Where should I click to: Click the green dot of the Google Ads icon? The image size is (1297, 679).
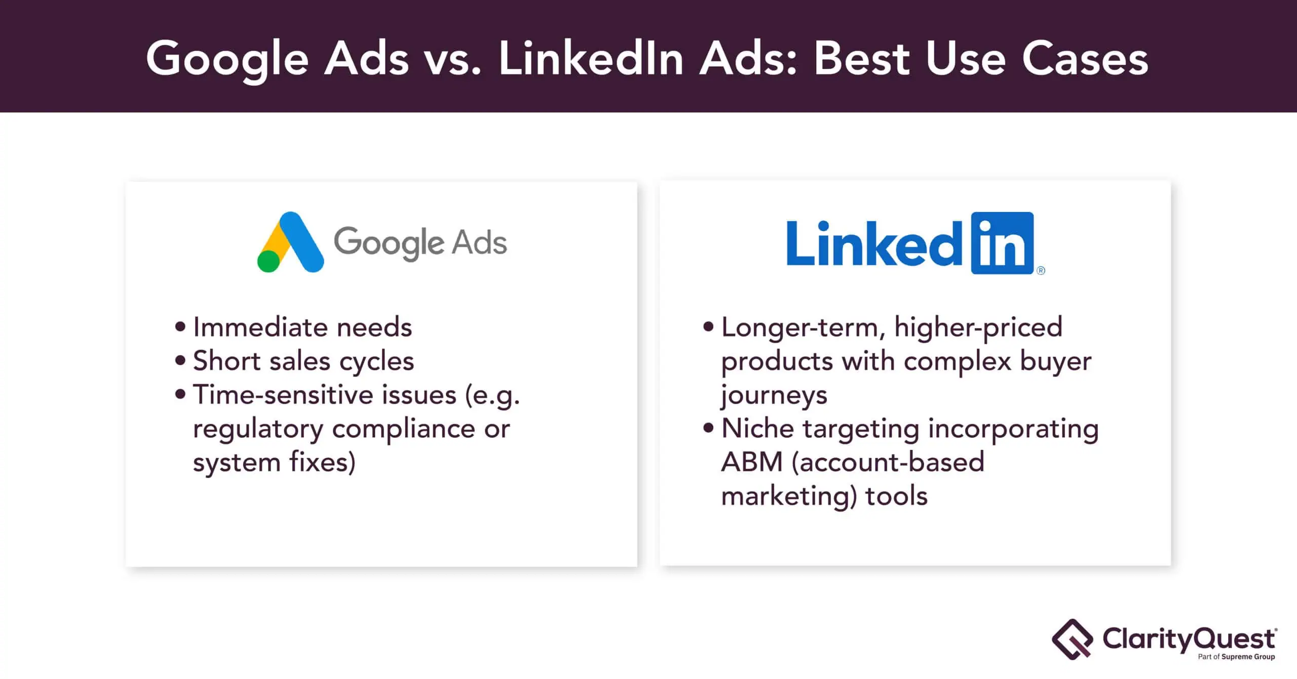pyautogui.click(x=269, y=261)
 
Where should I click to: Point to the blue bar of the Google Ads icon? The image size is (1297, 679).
pyautogui.click(x=301, y=242)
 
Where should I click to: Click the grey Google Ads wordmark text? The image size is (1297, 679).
pyautogui.click(x=420, y=243)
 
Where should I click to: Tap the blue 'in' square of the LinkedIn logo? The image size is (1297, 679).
pyautogui.click(x=1002, y=243)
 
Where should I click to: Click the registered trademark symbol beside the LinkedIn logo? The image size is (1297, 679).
pyautogui.click(x=1041, y=271)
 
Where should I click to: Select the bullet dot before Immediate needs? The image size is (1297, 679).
pyautogui.click(x=180, y=327)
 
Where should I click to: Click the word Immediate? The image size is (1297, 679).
pyautogui.click(x=260, y=327)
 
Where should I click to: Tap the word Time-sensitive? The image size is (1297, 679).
pyautogui.click(x=325, y=395)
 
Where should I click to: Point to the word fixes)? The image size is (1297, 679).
pyautogui.click(x=322, y=463)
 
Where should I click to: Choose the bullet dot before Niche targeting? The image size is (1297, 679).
pyautogui.click(x=708, y=428)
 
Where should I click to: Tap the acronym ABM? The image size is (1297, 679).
pyautogui.click(x=752, y=462)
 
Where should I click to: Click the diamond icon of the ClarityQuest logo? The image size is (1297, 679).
pyautogui.click(x=1073, y=639)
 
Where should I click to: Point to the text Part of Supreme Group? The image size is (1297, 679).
pyautogui.click(x=1236, y=657)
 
